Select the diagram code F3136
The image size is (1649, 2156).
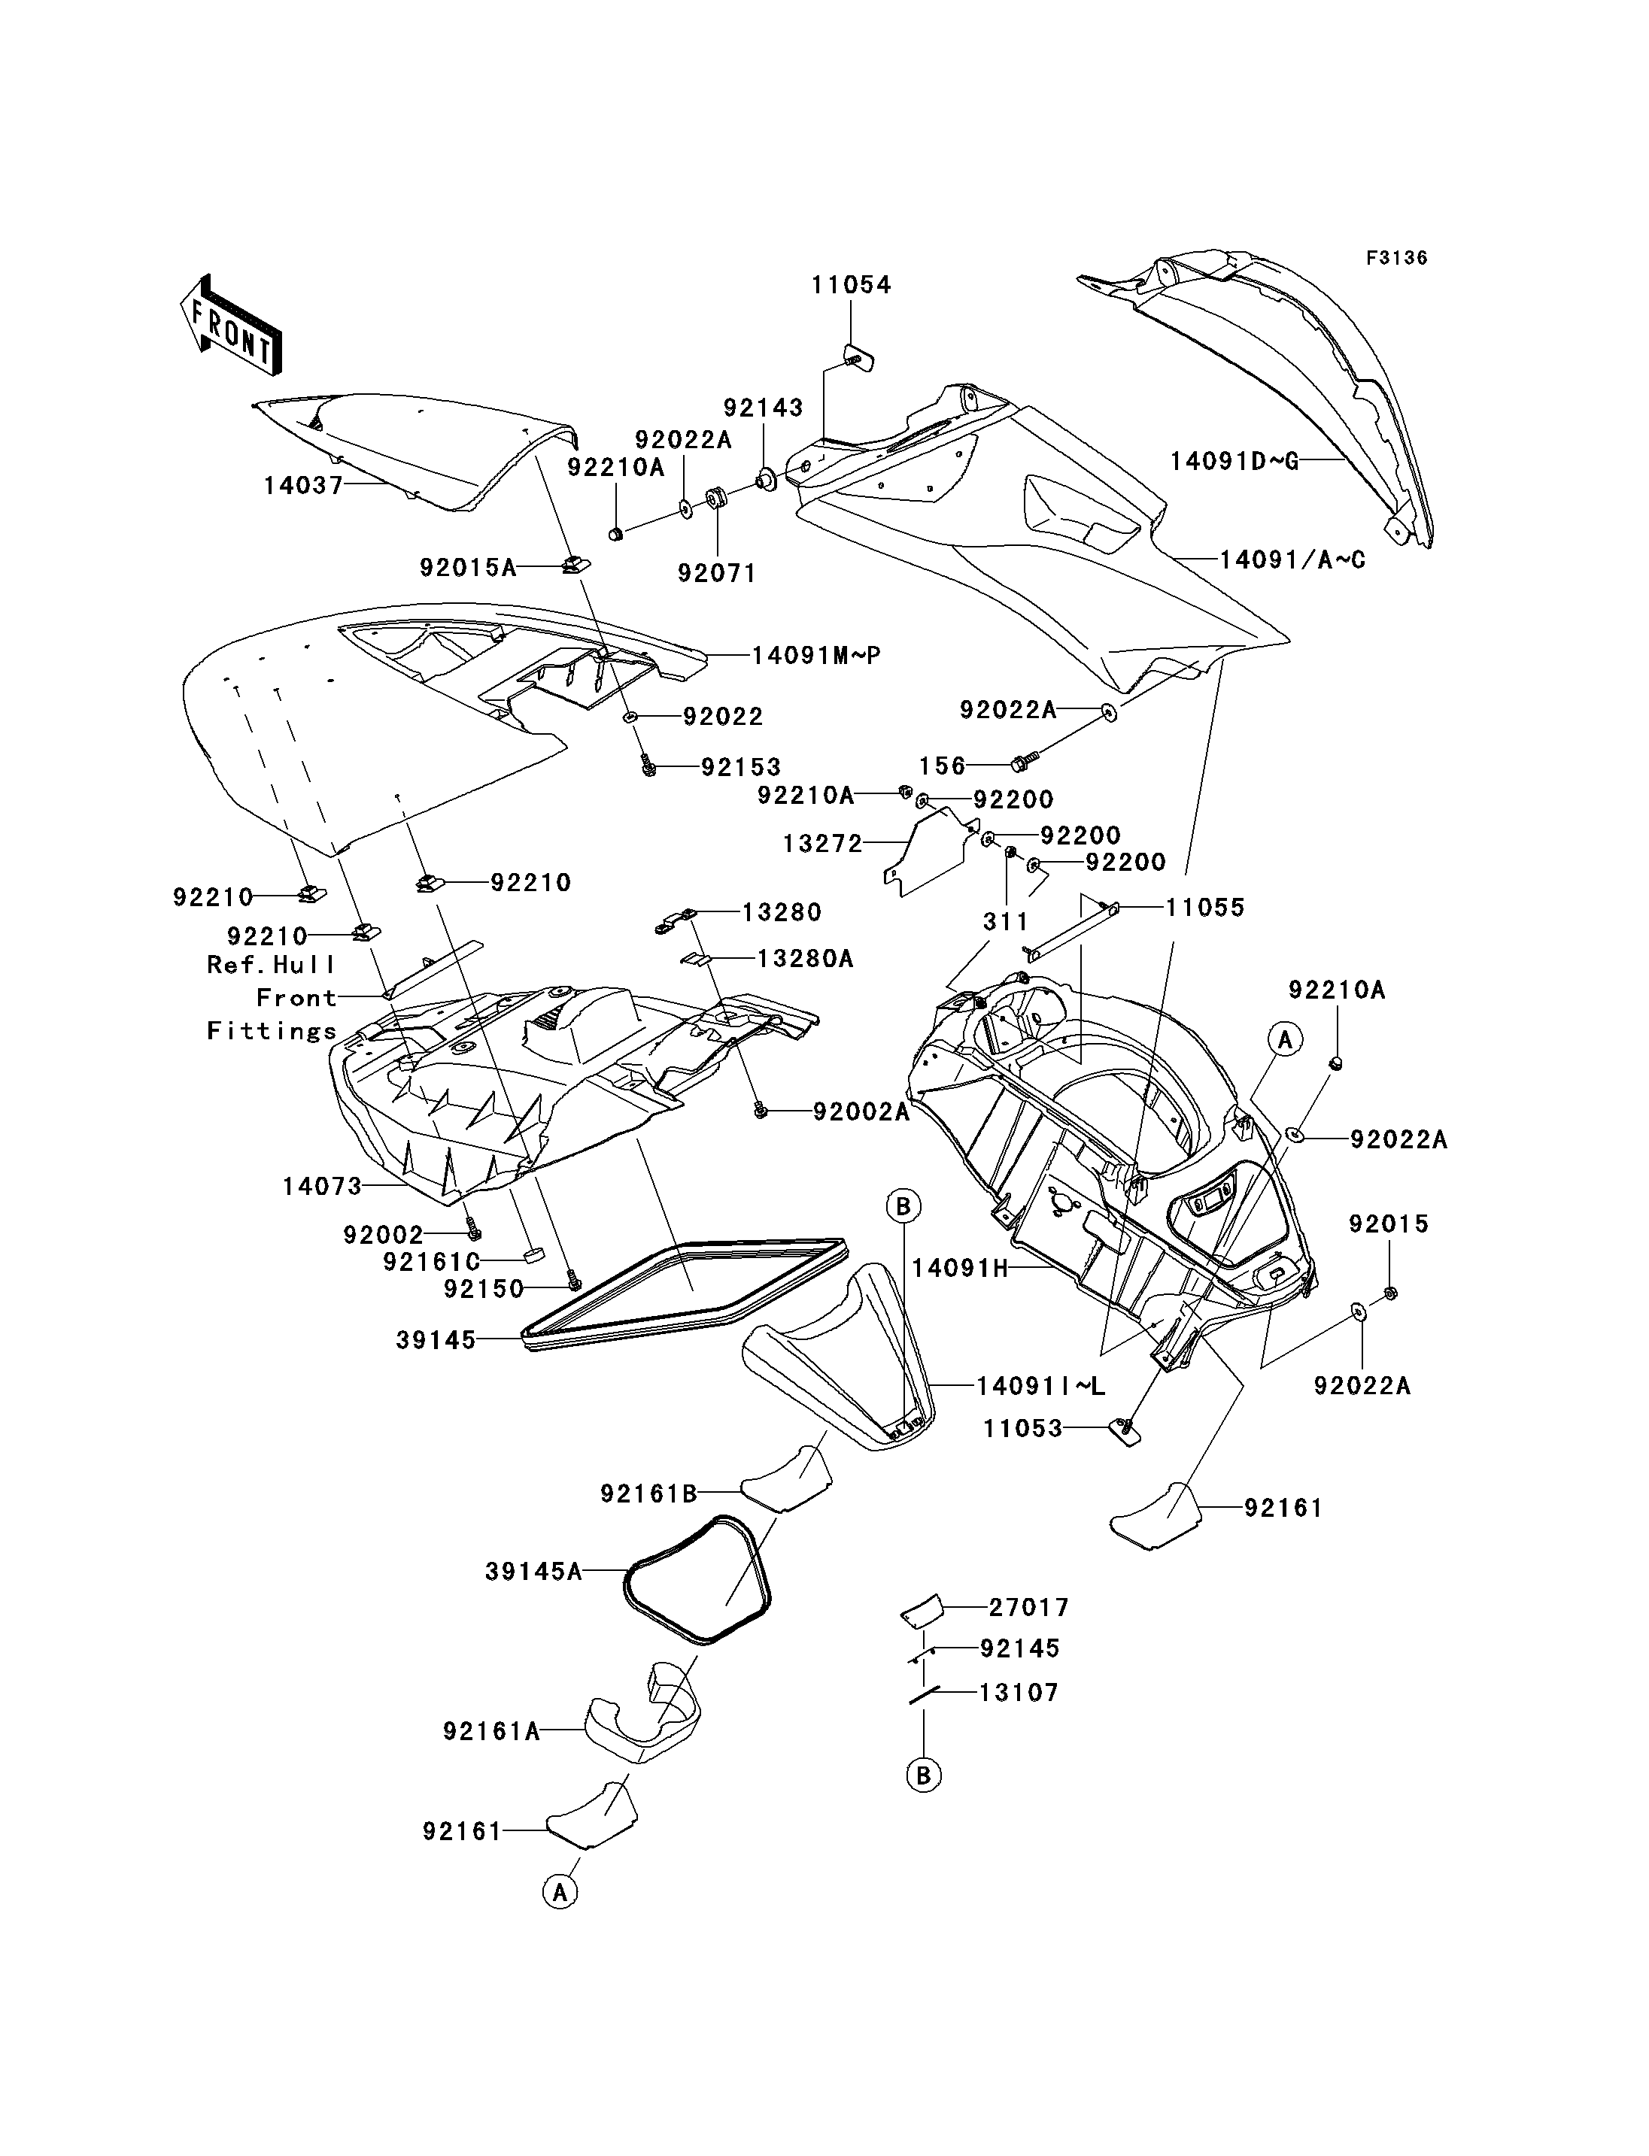pos(1397,258)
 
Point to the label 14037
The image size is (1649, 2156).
pos(303,485)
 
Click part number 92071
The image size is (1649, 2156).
pos(718,573)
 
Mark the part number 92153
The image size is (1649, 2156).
pos(741,766)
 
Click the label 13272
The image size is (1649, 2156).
pos(822,843)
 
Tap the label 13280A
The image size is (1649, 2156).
pos(805,958)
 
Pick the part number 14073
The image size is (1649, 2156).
pos(322,1187)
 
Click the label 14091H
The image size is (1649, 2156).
pos(960,1268)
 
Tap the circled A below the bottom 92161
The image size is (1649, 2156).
pos(560,1891)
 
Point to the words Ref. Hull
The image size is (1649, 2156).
pos(271,965)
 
